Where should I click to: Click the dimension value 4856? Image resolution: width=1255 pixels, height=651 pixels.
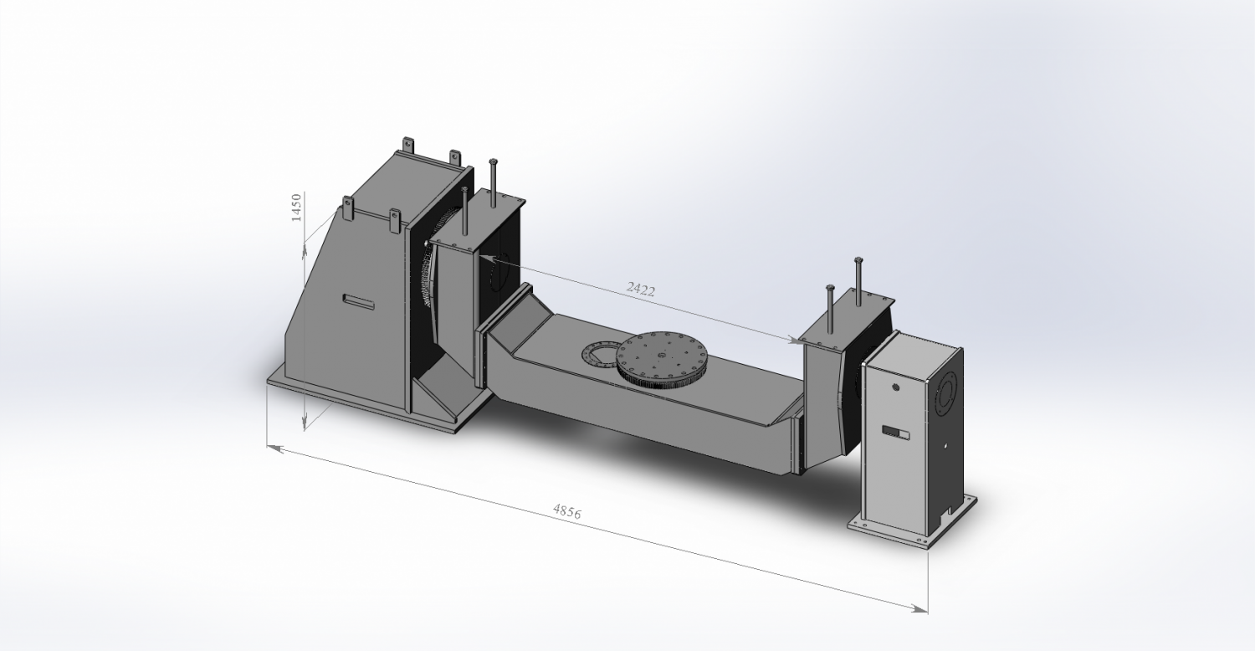pyautogui.click(x=566, y=511)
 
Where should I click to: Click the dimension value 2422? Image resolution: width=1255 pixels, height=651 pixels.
pyautogui.click(x=641, y=290)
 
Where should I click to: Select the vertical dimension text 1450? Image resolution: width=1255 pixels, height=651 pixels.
pyautogui.click(x=295, y=207)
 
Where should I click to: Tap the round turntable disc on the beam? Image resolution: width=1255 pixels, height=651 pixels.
pyautogui.click(x=663, y=356)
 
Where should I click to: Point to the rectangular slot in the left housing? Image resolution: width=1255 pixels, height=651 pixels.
pyautogui.click(x=358, y=300)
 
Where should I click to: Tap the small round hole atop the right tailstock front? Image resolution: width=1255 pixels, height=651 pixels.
pyautogui.click(x=896, y=387)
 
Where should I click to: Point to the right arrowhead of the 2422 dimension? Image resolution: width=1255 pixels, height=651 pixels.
pyautogui.click(x=795, y=340)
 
